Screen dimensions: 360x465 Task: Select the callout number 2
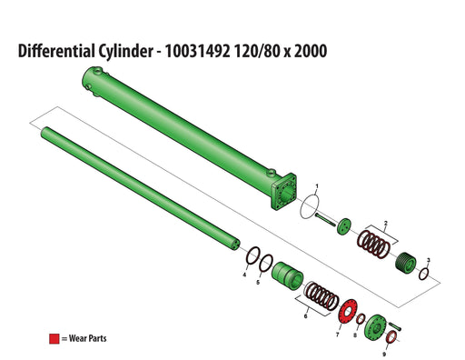pos(387,222)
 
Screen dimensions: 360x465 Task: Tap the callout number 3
pos(429,261)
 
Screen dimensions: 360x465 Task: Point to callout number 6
pos(243,274)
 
